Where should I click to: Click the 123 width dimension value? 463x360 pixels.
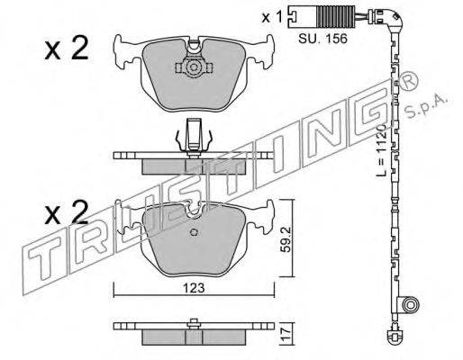click(193, 288)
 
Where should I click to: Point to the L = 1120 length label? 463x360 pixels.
click(381, 150)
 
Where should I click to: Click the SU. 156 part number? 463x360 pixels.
click(322, 39)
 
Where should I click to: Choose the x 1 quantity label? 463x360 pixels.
click(272, 17)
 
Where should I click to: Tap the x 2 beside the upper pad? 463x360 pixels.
click(67, 48)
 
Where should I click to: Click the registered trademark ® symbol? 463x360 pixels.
click(408, 82)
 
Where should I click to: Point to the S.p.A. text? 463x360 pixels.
click(427, 108)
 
